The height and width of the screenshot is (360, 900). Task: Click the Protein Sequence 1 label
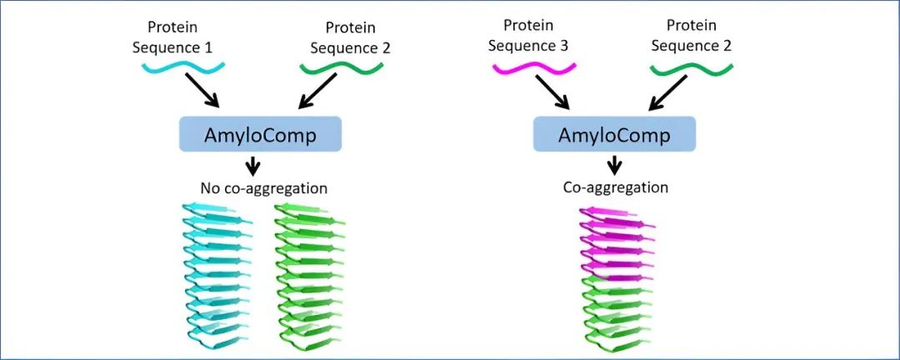(x=172, y=38)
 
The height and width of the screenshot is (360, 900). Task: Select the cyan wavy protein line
(x=177, y=66)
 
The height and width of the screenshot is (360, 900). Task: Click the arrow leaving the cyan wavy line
(x=202, y=91)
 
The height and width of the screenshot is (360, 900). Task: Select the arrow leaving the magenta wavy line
(x=552, y=92)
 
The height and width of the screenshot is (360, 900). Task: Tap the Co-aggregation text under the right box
(x=616, y=187)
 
